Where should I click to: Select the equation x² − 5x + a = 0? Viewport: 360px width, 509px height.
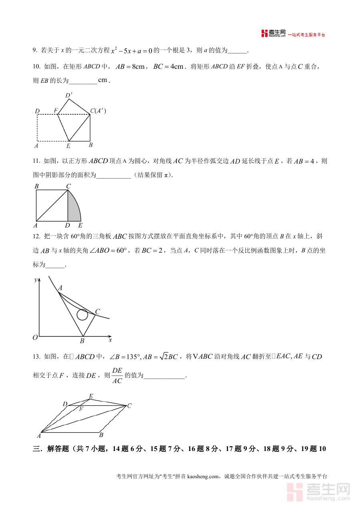[x=132, y=50]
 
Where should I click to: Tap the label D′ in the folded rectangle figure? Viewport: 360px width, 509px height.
[x=69, y=96]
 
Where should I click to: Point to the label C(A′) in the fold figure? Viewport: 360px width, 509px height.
[x=98, y=111]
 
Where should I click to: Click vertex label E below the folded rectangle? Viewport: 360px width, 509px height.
[x=68, y=146]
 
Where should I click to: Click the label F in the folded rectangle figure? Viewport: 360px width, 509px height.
[x=56, y=111]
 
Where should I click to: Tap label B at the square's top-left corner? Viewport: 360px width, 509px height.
[x=36, y=186]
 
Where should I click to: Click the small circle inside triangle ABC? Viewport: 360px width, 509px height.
[x=82, y=315]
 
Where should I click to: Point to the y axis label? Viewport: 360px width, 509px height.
[x=36, y=279]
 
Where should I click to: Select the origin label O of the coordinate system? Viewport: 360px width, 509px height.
[x=35, y=337]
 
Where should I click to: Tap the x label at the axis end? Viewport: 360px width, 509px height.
[x=110, y=340]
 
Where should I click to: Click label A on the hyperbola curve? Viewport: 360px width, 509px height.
[x=60, y=288]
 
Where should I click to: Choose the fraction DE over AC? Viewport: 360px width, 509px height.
[x=117, y=375]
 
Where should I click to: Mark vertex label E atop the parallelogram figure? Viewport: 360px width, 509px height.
[x=91, y=396]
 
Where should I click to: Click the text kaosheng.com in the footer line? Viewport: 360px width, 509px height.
[x=203, y=476]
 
